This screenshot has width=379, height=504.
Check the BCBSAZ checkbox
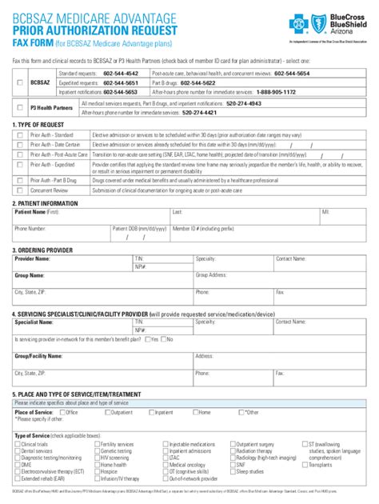tap(20, 82)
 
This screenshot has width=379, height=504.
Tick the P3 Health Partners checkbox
tap(20, 108)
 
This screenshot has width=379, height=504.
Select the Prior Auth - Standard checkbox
tap(20, 135)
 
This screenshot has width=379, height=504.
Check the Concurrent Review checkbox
tap(20, 190)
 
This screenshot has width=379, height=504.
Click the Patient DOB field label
tap(140, 228)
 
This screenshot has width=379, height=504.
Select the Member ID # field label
tap(200, 228)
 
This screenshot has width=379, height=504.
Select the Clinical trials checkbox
tap(18, 443)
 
